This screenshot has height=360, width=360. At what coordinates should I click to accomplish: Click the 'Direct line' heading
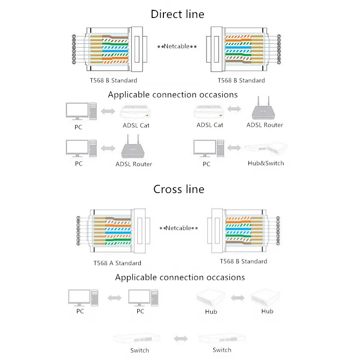(177, 14)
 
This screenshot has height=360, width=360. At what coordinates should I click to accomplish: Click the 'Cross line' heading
(179, 189)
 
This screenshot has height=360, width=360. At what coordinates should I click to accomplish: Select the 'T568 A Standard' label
(117, 263)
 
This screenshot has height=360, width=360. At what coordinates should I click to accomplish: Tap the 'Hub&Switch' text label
(265, 163)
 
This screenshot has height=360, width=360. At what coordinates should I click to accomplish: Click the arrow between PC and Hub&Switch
(234, 148)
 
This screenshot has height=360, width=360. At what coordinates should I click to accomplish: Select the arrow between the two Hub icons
(238, 297)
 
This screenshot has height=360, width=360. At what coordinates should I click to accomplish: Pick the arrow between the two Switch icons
(180, 338)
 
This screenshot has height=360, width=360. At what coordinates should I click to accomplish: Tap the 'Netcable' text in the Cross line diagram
(179, 228)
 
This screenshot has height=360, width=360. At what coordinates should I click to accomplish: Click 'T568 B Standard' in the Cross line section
(243, 261)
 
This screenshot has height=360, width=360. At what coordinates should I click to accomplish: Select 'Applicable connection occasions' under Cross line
(180, 277)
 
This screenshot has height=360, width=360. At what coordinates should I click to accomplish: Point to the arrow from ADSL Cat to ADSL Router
(234, 109)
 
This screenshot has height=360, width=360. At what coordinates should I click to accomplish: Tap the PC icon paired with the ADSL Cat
(81, 111)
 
